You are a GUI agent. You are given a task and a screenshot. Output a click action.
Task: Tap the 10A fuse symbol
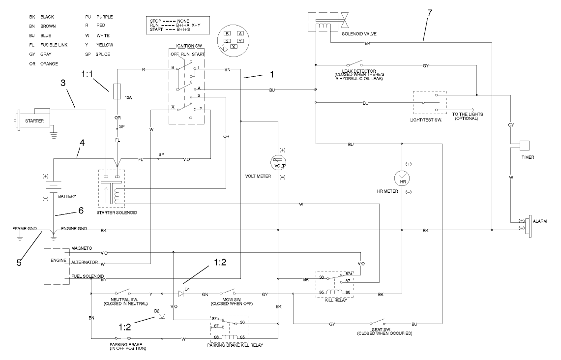pos(118,92)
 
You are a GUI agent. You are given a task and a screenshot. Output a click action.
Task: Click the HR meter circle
pos(403,179)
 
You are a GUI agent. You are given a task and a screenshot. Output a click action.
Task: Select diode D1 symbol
pos(181,294)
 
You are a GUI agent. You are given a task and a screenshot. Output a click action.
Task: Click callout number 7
pos(429,13)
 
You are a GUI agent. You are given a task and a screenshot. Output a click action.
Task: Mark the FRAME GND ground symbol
pos(20,237)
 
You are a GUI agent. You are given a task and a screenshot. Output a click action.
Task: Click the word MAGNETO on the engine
pos(82,249)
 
